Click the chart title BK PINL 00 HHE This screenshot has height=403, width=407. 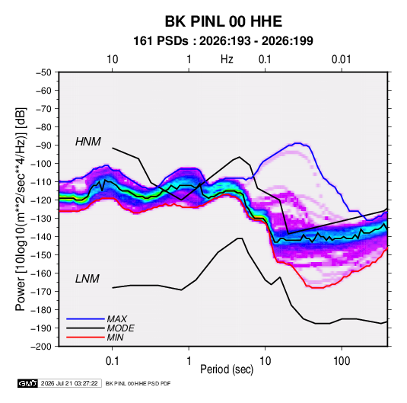click(x=224, y=21)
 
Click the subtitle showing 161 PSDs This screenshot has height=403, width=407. click(x=223, y=41)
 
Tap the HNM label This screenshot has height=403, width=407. click(x=88, y=142)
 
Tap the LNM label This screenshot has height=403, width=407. click(x=87, y=279)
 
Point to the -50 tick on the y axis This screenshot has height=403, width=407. click(x=43, y=72)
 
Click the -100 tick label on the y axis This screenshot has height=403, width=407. click(x=41, y=164)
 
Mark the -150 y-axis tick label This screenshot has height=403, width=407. click(x=41, y=255)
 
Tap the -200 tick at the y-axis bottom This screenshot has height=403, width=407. click(x=41, y=347)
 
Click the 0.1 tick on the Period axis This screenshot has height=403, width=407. click(x=112, y=361)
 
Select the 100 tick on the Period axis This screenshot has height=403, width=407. click(x=342, y=361)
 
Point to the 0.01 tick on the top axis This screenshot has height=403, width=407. click(x=342, y=59)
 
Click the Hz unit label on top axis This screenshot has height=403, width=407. click(x=227, y=59)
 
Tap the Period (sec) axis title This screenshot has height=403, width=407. click(x=227, y=369)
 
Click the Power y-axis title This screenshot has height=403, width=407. click(x=21, y=209)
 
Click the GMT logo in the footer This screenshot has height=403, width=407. click(x=28, y=383)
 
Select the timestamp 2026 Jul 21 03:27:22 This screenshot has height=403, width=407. click(x=69, y=383)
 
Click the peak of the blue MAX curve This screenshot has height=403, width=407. click(x=298, y=143)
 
